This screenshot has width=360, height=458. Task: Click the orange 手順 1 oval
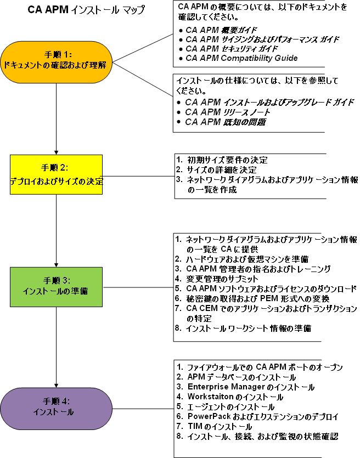(x=57, y=60)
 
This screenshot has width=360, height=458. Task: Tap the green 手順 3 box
(x=57, y=286)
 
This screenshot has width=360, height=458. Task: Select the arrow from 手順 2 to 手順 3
(x=57, y=230)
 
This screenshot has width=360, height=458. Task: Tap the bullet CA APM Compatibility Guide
(x=241, y=58)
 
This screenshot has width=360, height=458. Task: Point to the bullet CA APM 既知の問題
(x=225, y=122)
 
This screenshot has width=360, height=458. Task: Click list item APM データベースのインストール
(x=241, y=377)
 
